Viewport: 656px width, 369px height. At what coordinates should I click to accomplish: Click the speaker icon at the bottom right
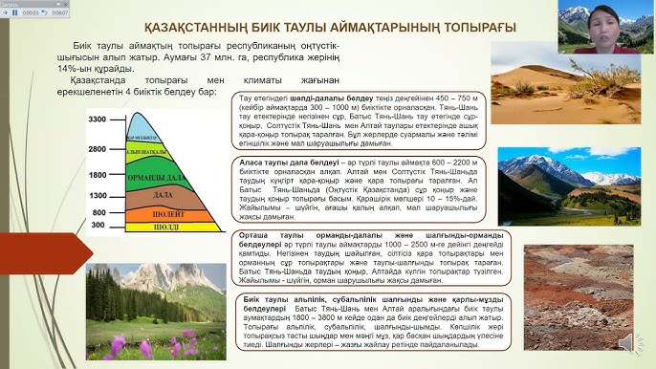pos(625,341)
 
